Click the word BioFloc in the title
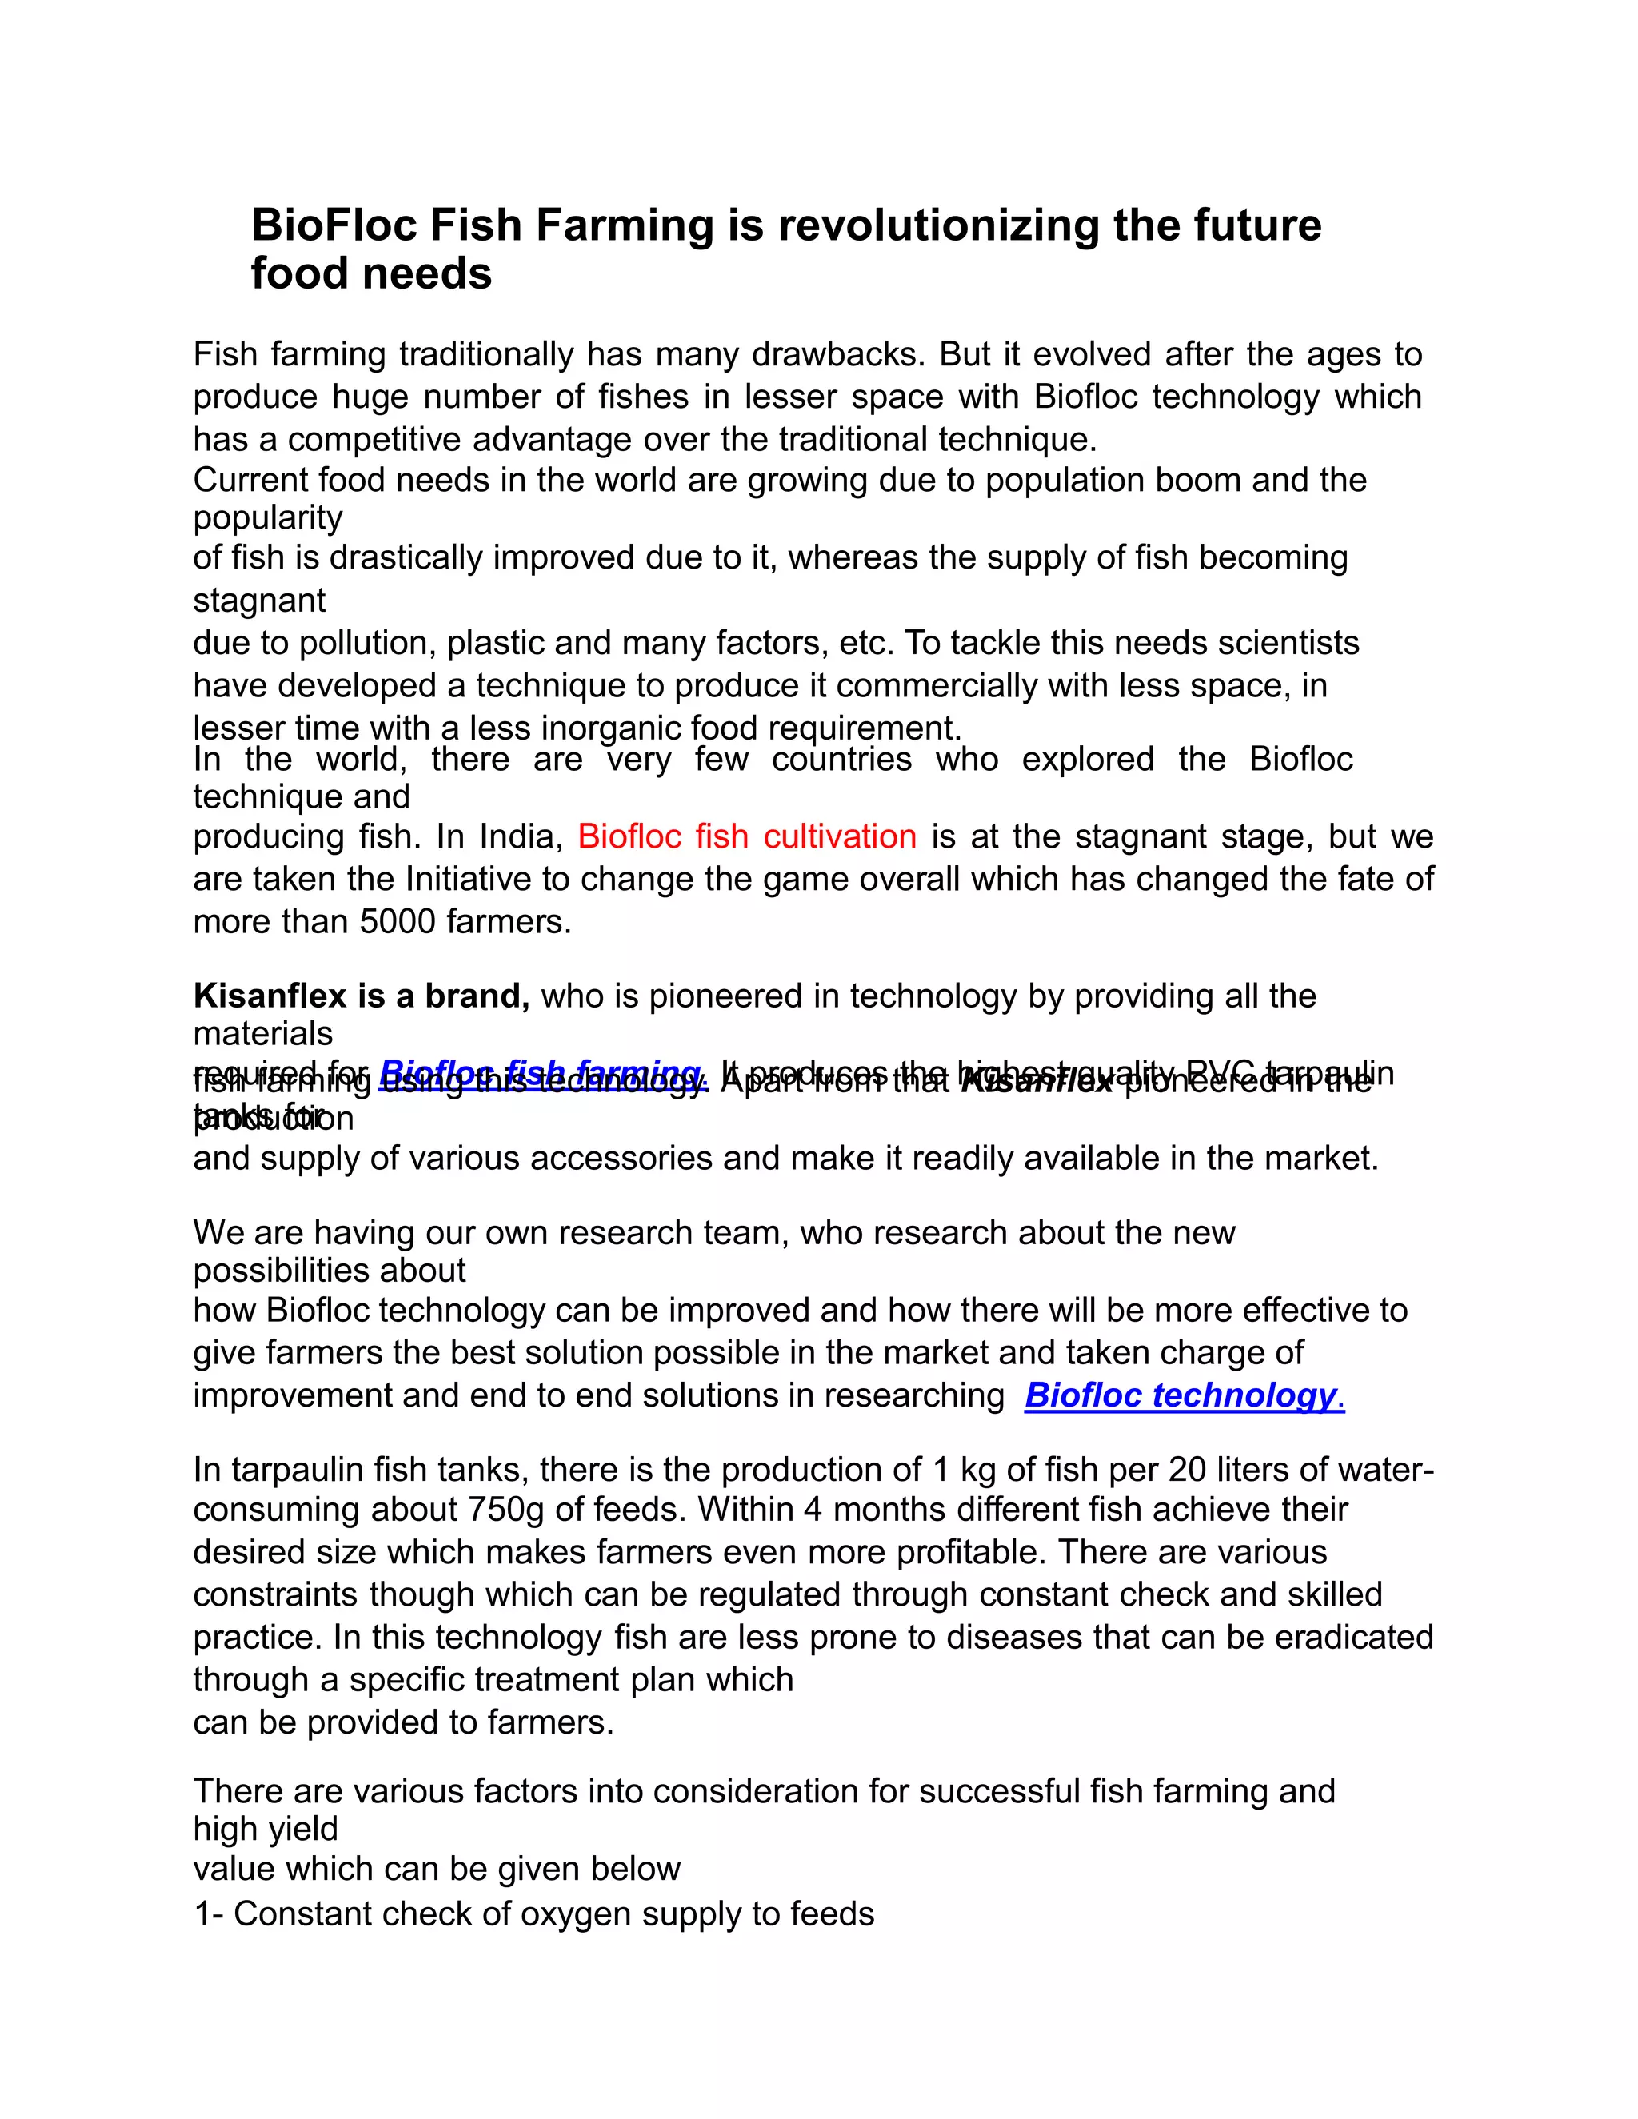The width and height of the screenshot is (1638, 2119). pos(334,225)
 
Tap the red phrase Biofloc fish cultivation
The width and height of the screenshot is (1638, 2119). pos(746,836)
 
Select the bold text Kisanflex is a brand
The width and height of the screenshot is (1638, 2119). pos(361,996)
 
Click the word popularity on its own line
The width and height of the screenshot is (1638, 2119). pos(267,518)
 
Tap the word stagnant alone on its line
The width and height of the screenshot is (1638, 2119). pos(259,601)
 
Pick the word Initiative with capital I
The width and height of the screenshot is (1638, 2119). pos(464,879)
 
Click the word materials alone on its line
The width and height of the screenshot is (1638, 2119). pos(262,1034)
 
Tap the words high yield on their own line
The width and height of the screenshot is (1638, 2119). pos(265,1829)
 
